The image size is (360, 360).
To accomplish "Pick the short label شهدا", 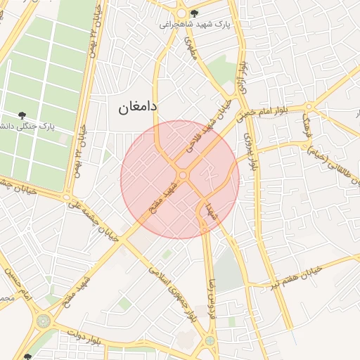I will pyautogui.click(x=210, y=210).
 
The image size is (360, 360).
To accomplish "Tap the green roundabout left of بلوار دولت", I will pyautogui.click(x=44, y=321).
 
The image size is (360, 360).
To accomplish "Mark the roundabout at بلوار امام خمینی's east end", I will pyautogui.click(x=309, y=108).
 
